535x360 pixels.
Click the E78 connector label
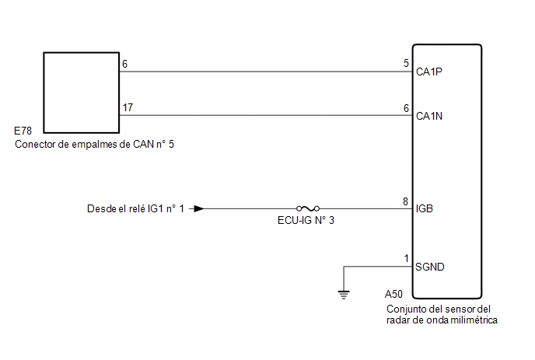coord(23,131)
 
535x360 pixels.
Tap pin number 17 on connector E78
coord(128,107)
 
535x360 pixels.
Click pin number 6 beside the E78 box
coord(125,64)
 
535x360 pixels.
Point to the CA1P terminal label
coord(429,72)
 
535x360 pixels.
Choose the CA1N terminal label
coord(429,116)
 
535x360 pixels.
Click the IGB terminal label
coord(424,208)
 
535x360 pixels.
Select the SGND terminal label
coord(429,267)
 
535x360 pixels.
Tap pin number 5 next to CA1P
coord(406,63)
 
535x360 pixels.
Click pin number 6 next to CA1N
coord(406,108)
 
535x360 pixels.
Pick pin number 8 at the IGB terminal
coord(405,201)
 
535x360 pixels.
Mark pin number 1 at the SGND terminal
coord(406,258)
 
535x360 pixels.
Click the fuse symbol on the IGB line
coord(308,208)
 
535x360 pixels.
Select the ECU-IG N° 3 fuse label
coord(306,220)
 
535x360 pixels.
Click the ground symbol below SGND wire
coord(344,295)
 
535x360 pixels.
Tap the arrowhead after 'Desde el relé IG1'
coord(199,208)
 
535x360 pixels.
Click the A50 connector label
coord(393,294)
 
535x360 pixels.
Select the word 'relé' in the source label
coord(137,208)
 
